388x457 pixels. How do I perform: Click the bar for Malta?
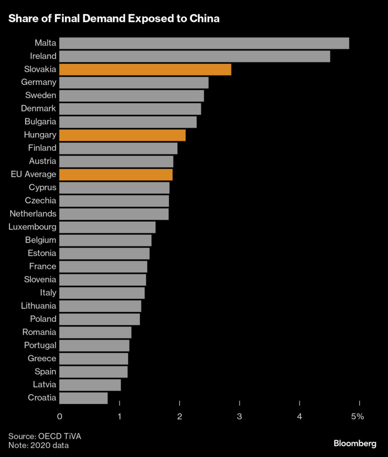click(x=204, y=43)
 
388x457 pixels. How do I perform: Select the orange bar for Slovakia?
click(x=145, y=69)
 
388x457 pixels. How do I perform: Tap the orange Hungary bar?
click(x=122, y=135)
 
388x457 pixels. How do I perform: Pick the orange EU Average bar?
click(x=116, y=175)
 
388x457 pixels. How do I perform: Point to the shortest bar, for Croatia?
click(x=83, y=398)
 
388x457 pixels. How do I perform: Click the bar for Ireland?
click(x=195, y=56)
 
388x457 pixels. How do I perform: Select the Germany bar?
click(x=134, y=82)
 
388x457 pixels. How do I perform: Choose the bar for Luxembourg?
click(x=107, y=227)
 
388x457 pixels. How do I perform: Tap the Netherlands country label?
click(x=33, y=214)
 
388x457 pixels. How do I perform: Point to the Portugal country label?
click(x=40, y=345)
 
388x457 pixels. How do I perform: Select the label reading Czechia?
click(x=40, y=201)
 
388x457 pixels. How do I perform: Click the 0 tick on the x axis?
click(x=60, y=417)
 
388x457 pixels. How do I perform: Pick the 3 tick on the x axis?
click(x=240, y=417)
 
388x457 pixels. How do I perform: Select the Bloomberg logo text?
click(x=355, y=443)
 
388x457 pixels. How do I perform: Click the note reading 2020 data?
click(x=38, y=445)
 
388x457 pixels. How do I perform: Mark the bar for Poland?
click(x=100, y=319)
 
